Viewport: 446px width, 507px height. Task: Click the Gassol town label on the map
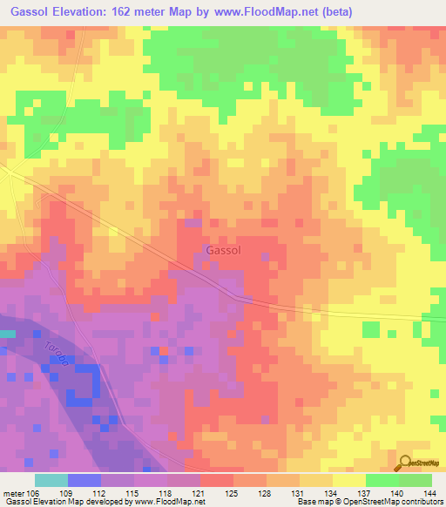pos(223,250)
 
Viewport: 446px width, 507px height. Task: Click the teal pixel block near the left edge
pos(7,334)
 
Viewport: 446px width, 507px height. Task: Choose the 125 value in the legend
pos(233,492)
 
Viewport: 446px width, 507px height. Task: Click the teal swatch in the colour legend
pos(51,480)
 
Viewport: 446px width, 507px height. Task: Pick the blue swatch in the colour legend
pos(84,480)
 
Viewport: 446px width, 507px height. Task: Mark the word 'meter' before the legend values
pos(13,492)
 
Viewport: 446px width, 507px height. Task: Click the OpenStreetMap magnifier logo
pos(406,463)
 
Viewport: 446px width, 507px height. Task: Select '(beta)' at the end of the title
pos(334,11)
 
